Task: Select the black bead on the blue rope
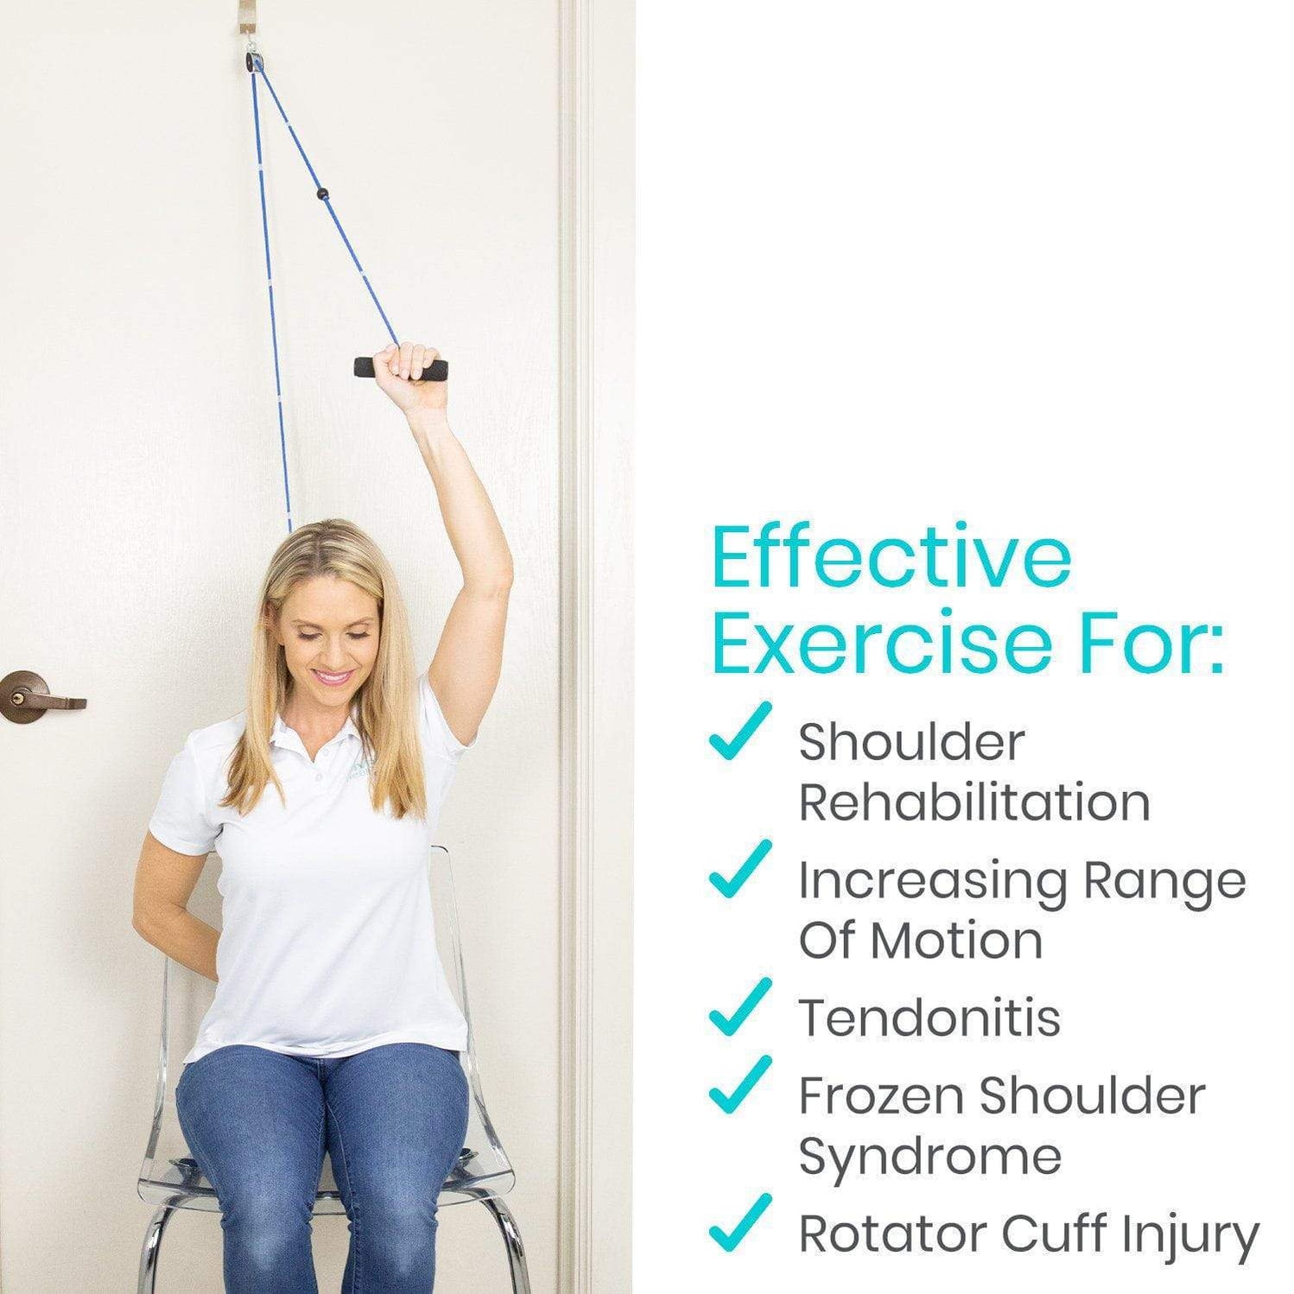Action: click(x=323, y=193)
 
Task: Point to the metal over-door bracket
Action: click(x=251, y=22)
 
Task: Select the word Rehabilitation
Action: click(x=974, y=802)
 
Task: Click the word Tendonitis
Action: click(x=929, y=1018)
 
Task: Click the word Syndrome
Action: click(x=929, y=1156)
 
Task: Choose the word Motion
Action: click(x=956, y=940)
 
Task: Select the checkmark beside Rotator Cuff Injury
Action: click(x=739, y=1222)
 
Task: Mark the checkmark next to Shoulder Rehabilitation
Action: click(x=739, y=732)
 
